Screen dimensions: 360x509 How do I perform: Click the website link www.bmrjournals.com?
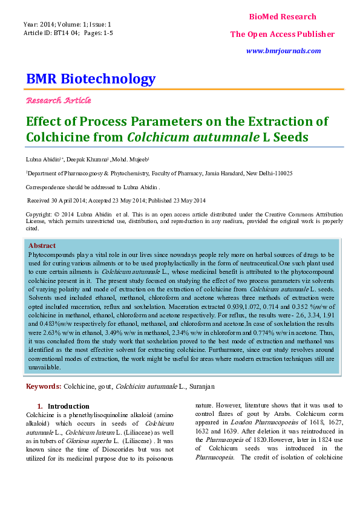click(283, 51)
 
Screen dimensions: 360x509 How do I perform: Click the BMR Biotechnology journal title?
click(91, 79)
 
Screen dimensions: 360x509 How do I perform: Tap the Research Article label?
click(59, 100)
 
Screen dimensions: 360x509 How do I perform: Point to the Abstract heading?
click(42, 245)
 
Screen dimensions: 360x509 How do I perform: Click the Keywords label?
click(43, 386)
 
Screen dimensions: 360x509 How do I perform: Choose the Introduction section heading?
click(68, 406)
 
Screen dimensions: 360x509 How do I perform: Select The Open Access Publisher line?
click(282, 34)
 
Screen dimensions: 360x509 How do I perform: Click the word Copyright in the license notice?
click(38, 215)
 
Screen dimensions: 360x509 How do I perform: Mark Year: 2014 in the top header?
click(38, 24)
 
